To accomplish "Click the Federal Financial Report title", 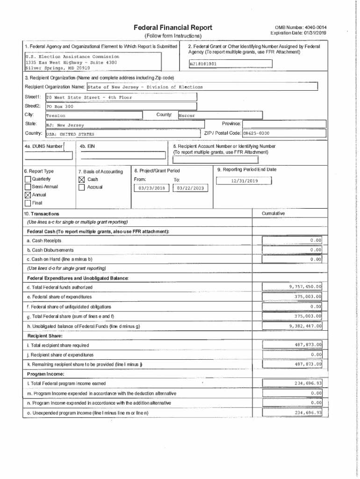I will pos(173,28).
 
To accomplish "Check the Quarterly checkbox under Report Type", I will pos(28,180).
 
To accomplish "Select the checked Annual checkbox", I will pos(28,195).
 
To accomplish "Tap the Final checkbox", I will pos(28,203).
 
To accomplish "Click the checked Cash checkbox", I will pos(82,180).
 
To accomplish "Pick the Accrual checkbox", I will pos(82,188).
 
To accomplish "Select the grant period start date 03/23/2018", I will pos(152,188).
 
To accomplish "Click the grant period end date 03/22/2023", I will pos(190,188).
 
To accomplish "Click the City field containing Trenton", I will pos(94,116).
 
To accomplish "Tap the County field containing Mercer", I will pos(220,116).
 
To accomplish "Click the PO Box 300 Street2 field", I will pos(121,107).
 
